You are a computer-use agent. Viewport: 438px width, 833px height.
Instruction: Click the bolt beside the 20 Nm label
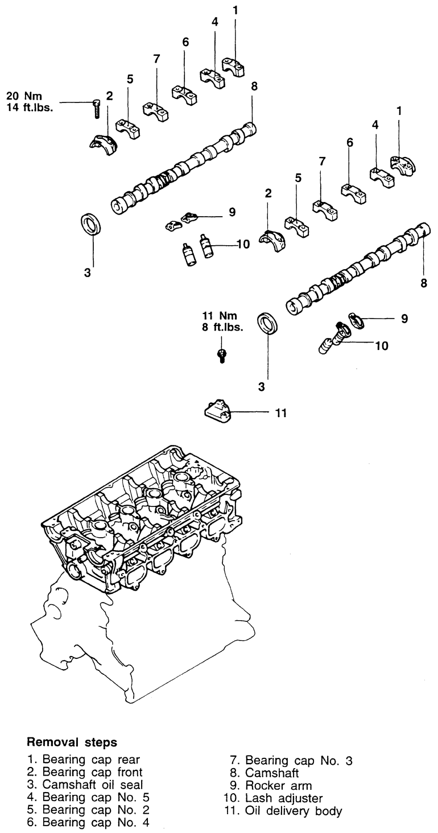point(96,109)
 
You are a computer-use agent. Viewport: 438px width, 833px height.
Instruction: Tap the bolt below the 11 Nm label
point(222,356)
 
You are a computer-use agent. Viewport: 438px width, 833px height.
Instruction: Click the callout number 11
point(281,413)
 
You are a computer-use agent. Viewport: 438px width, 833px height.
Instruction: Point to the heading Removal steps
point(72,743)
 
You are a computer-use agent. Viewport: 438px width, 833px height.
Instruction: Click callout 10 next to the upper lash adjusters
point(243,244)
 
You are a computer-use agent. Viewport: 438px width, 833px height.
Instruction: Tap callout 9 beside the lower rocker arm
point(404,318)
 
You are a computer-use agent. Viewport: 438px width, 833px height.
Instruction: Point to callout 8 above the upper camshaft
point(254,86)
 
